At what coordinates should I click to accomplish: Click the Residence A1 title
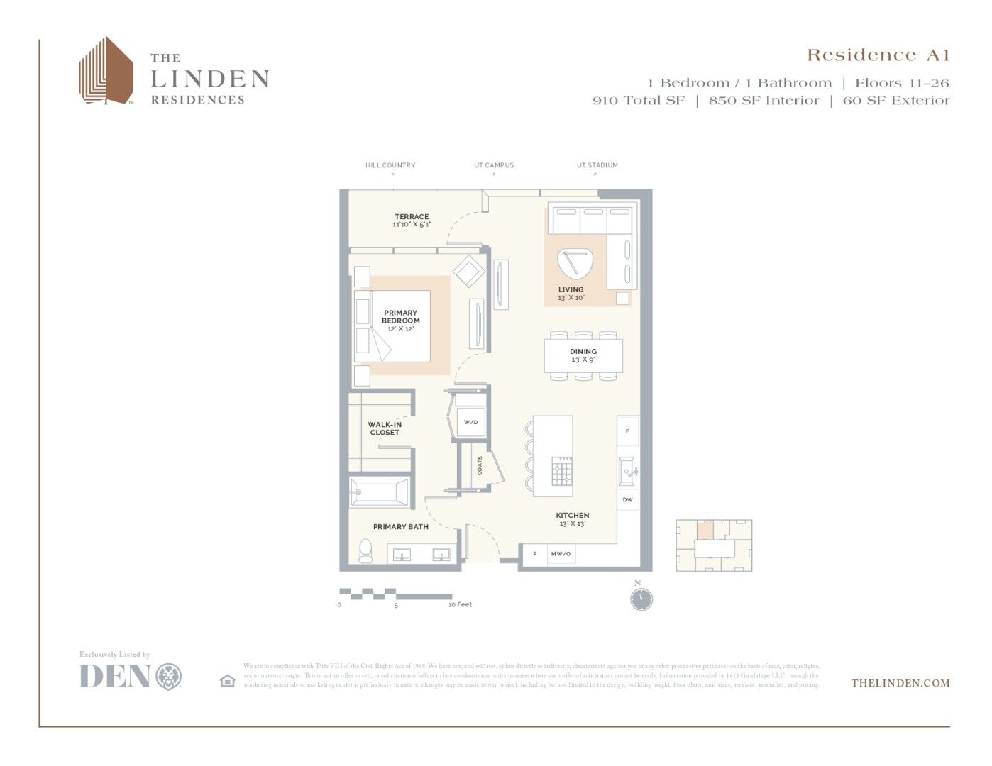coord(878,55)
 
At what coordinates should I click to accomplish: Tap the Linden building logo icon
coord(106,71)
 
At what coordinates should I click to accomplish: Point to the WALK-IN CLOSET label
coord(385,428)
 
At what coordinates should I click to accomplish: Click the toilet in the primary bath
coord(365,550)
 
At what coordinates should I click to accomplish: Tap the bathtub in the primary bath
coord(380,492)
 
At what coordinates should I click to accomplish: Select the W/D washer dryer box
coord(470,423)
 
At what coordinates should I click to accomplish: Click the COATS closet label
coord(480,466)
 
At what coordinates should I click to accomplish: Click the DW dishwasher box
coord(627,500)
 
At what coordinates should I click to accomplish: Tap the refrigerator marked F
coord(627,431)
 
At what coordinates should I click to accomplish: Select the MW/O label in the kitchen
coord(561,554)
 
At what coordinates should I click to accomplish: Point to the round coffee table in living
coord(574,263)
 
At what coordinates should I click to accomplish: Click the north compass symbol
coord(641,599)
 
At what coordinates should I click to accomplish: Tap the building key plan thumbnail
coord(713,545)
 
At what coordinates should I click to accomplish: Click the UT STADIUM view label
coord(597,165)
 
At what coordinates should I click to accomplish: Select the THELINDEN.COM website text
coord(900,683)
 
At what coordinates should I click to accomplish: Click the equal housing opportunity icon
coord(227,681)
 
